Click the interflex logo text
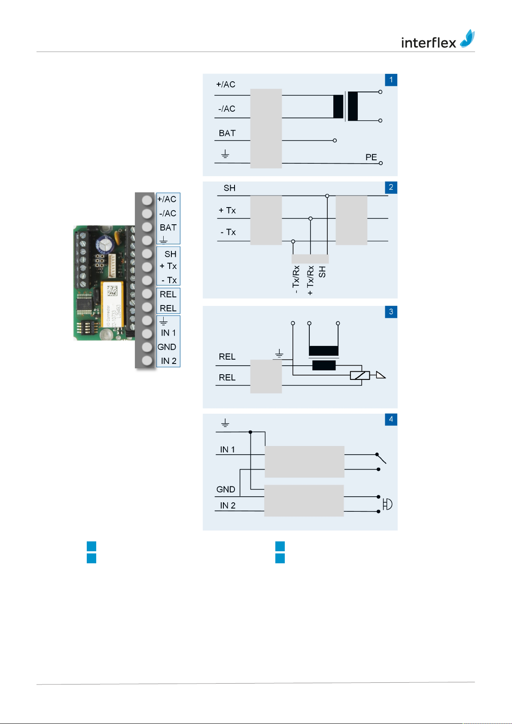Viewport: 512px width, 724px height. point(428,43)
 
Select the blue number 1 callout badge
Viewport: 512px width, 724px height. point(391,80)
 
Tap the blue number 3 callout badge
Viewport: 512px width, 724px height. point(391,312)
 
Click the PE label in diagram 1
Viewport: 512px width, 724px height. point(371,157)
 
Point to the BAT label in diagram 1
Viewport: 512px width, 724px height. point(227,133)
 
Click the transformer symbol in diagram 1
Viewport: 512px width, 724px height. point(345,106)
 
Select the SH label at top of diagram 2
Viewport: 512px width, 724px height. point(229,188)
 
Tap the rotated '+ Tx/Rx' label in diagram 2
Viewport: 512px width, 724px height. point(310,280)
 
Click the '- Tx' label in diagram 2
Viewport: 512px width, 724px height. point(228,232)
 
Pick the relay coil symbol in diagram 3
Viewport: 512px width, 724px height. point(360,376)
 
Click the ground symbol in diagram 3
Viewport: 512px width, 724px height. point(279,354)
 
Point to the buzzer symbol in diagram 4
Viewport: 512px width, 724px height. point(387,504)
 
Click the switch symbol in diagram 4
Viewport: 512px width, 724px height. point(381,459)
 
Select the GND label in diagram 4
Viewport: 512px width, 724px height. point(226,489)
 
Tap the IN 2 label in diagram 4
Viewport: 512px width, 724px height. point(228,506)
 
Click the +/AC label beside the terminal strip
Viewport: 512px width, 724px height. point(167,199)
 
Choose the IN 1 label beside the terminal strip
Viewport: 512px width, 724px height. point(168,333)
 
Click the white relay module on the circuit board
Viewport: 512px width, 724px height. point(113,304)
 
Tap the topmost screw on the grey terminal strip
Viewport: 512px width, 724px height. point(147,200)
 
